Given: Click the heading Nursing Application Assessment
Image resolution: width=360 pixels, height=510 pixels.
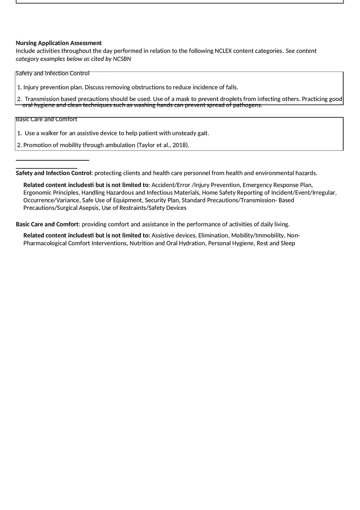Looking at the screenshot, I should point(59,43).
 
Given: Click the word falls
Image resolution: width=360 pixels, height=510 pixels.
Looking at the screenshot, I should point(230,87).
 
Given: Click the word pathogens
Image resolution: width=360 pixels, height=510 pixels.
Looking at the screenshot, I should point(247,105).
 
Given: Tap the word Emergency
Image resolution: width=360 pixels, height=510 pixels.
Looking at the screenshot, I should point(256,185).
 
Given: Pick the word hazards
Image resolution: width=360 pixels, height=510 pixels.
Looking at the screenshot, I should point(306,173).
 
